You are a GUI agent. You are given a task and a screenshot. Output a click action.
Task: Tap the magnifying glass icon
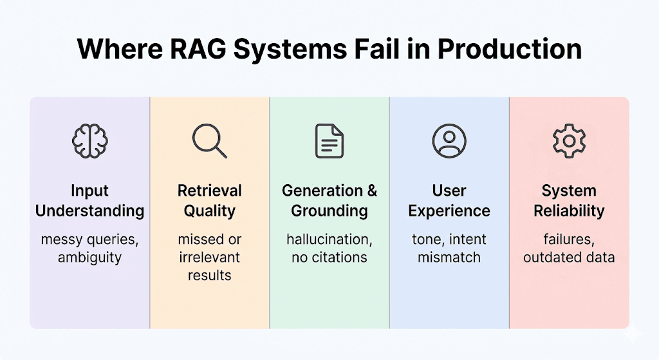[x=209, y=140]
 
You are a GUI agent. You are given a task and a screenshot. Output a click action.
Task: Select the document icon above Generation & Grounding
[x=329, y=140]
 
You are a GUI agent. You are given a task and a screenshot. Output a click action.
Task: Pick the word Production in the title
[x=511, y=50]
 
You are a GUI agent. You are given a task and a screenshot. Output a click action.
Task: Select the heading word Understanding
[x=90, y=211]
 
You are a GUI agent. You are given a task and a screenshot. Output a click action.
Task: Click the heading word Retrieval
[x=210, y=191]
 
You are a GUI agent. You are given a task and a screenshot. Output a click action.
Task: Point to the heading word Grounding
[x=329, y=211]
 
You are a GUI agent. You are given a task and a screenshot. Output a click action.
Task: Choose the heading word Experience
[x=449, y=211]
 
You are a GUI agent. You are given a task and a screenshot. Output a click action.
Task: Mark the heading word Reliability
[x=569, y=211]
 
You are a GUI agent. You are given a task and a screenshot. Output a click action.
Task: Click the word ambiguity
[x=90, y=258]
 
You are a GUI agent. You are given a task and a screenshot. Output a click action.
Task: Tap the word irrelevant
[x=210, y=258]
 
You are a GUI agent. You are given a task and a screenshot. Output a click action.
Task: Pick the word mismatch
[x=449, y=258]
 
